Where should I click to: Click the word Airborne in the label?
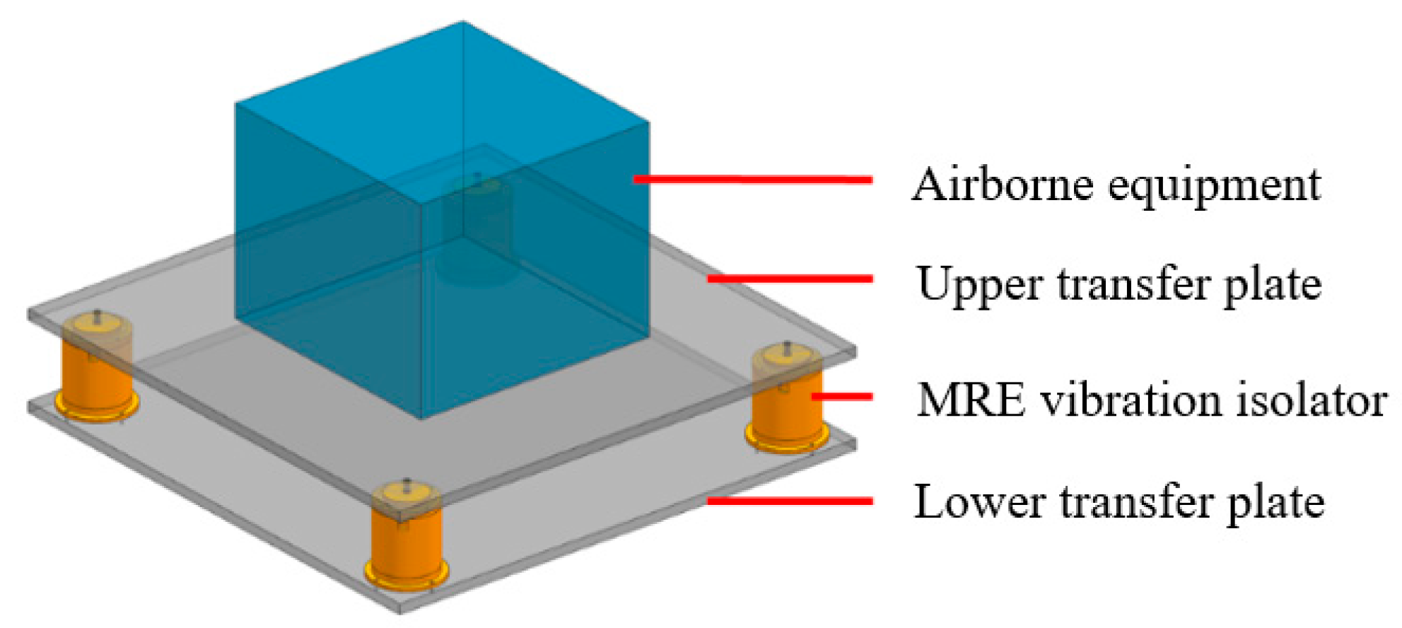pos(1003,185)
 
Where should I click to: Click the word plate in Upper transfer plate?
pos(1273,286)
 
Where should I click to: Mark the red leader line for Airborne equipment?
pos(753,180)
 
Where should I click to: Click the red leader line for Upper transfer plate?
pos(790,279)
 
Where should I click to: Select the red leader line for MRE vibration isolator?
pos(841,396)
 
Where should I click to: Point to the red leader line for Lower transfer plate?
pos(790,501)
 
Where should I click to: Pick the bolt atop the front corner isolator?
pos(407,484)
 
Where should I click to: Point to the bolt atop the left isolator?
pos(97,316)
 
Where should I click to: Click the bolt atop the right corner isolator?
pos(787,347)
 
